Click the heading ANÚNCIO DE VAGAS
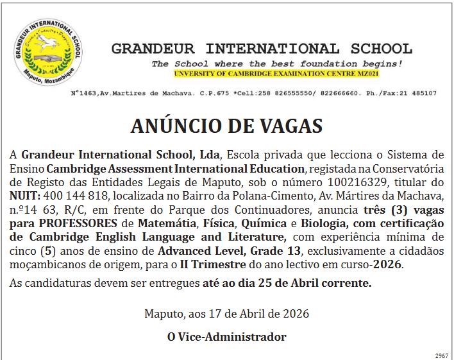pyautogui.click(x=226, y=125)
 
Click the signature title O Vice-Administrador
pyautogui.click(x=226, y=337)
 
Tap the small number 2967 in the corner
pyautogui.click(x=441, y=356)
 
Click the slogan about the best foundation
pyautogui.click(x=277, y=64)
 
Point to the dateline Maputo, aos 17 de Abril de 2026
pyautogui.click(x=226, y=314)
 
